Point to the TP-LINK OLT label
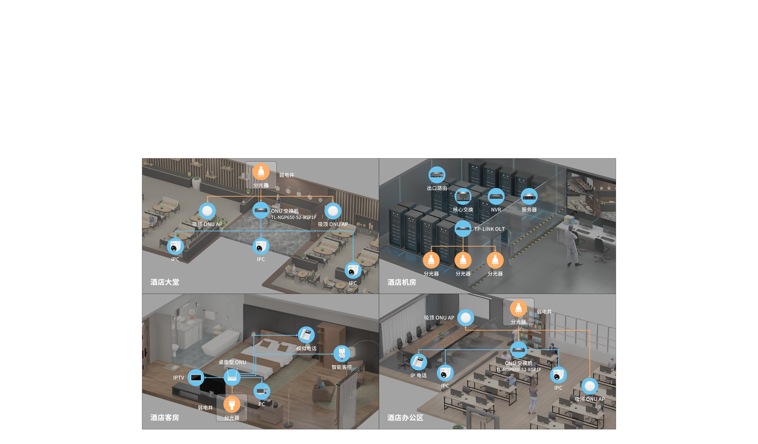point(489,229)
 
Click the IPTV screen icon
point(196,377)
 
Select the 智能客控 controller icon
point(342,354)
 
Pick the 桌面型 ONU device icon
point(232,377)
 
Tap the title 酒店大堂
point(165,282)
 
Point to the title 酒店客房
point(165,418)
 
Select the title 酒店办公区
point(405,418)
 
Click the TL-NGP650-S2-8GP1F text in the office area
point(519,370)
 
